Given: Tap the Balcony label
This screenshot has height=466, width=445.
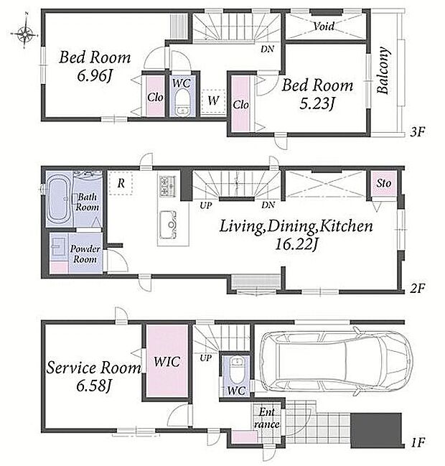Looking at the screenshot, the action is click(x=383, y=70).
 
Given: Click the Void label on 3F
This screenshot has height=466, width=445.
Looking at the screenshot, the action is click(x=324, y=26).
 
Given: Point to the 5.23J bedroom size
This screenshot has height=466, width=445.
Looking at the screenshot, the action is click(x=317, y=103).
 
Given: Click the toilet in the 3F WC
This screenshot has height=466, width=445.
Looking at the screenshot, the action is click(x=181, y=103).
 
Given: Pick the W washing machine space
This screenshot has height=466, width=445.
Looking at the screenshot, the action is click(x=212, y=101).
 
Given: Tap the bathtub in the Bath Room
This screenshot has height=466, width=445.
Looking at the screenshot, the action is click(x=59, y=200).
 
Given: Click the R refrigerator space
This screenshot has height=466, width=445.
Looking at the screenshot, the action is click(x=121, y=183).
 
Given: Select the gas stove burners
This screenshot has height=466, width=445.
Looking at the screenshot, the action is click(x=168, y=187).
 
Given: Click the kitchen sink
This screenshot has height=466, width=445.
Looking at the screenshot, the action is click(x=168, y=225).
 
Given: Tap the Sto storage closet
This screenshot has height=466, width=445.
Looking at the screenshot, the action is click(x=383, y=183).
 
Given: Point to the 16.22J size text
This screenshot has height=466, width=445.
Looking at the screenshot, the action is click(x=296, y=244).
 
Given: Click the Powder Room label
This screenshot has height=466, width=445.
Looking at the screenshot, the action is click(x=85, y=253).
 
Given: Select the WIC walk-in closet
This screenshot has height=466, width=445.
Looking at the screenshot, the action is click(x=167, y=361).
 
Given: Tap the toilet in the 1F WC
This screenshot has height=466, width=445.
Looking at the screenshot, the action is click(x=236, y=371).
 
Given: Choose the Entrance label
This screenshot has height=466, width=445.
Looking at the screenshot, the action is click(x=266, y=418).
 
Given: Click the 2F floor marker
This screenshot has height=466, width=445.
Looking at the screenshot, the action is click(x=418, y=288).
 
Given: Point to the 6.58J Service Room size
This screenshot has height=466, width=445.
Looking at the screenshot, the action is click(x=93, y=386).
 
